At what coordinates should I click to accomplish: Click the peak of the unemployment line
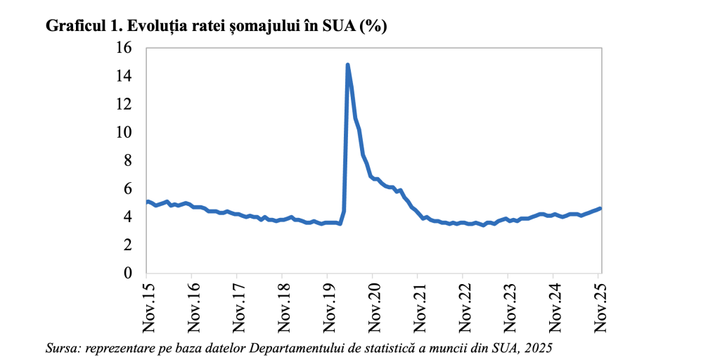point(347,65)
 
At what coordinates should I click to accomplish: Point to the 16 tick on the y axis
point(124,48)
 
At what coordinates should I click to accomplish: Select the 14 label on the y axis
point(124,76)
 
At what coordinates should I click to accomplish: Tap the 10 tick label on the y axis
point(124,132)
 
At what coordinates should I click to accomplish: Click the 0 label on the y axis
point(129,273)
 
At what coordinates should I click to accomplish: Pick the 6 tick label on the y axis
point(129,188)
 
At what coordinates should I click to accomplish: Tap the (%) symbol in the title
point(373,26)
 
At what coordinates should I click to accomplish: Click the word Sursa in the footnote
point(62,348)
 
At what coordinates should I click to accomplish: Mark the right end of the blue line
point(600,208)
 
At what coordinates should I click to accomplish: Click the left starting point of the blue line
point(147,202)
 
